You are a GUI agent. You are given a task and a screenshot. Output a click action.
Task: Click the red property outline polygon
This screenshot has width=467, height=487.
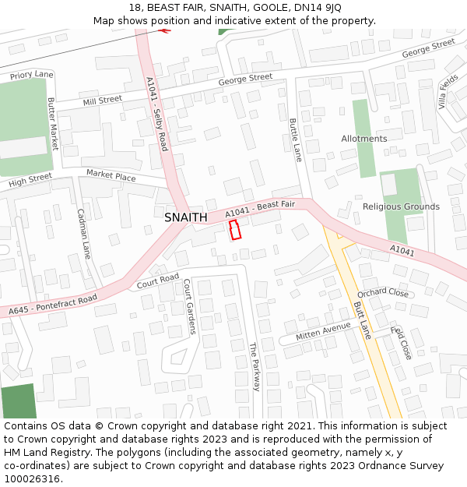tap(235, 230)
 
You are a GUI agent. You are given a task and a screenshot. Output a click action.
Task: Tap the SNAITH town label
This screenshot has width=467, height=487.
tap(186, 218)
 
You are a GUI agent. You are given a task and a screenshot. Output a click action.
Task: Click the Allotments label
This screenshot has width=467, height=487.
tap(363, 139)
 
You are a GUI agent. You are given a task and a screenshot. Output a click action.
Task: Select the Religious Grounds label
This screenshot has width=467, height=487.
tap(401, 206)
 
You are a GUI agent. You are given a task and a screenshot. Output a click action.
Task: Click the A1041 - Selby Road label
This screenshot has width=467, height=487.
tap(156, 114)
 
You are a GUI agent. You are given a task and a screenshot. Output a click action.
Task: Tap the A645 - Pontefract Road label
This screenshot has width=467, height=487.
tap(53, 305)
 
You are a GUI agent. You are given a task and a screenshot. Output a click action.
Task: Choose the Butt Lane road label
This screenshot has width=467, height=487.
tap(363, 320)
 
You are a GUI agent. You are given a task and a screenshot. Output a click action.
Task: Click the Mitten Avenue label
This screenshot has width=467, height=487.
tap(323, 332)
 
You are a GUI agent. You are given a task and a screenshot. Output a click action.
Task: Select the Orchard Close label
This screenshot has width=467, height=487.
tap(383, 293)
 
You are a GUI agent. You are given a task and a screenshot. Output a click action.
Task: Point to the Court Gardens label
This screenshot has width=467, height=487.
tap(188, 308)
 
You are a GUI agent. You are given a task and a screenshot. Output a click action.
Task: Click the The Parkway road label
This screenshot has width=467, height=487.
tap(253, 366)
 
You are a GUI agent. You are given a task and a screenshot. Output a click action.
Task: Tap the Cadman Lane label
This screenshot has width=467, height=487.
tap(84, 233)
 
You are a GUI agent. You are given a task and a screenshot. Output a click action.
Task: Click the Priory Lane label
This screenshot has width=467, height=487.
tap(32, 75)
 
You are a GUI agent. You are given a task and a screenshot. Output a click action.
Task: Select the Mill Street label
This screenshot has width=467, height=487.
tap(102, 100)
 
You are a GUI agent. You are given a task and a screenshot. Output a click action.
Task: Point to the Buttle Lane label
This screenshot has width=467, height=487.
tap(295, 139)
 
